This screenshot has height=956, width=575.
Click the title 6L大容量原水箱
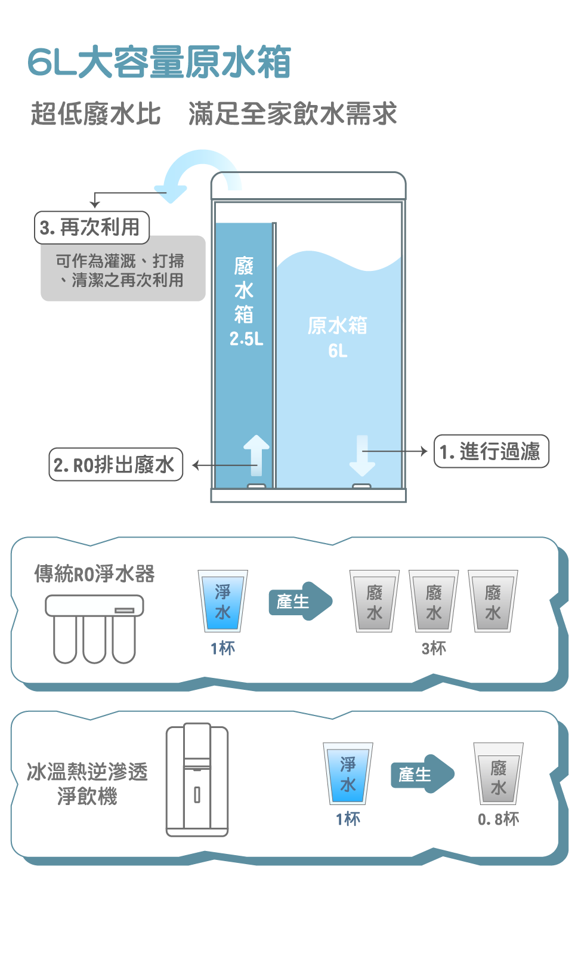(159, 62)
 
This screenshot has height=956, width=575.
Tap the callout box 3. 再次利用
(91, 227)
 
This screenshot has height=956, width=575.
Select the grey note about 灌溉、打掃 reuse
(123, 270)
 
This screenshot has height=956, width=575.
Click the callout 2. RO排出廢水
(115, 464)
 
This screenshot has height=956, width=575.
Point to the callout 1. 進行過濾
(490, 452)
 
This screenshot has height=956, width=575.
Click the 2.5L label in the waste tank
(246, 339)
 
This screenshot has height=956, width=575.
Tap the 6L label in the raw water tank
(338, 351)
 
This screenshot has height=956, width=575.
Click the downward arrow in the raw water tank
(362, 455)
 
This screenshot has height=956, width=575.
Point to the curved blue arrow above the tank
(191, 173)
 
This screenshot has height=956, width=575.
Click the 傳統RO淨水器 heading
(94, 573)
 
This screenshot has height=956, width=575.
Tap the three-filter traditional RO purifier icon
(94, 628)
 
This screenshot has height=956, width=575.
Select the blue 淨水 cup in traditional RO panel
(222, 602)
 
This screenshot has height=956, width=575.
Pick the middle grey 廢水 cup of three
(434, 602)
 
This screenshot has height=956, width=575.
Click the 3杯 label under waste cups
(434, 648)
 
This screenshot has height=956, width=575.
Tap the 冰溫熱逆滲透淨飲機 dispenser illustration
(197, 781)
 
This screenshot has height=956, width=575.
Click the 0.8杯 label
(498, 819)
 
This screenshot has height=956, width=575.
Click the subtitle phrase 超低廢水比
(95, 114)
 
